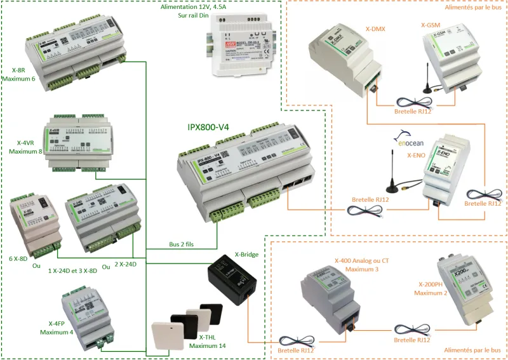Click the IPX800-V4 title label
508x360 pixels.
point(208,127)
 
